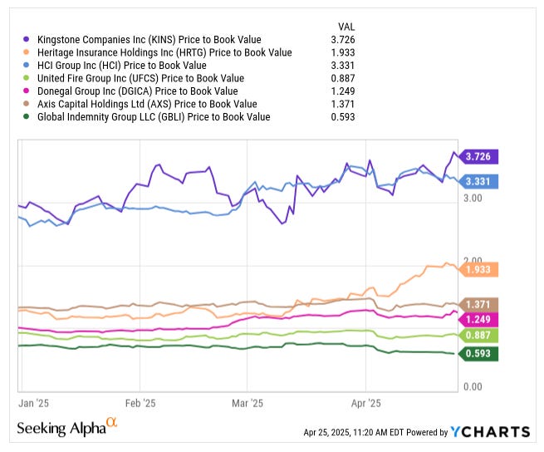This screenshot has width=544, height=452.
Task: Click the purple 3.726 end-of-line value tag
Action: pyautogui.click(x=481, y=156)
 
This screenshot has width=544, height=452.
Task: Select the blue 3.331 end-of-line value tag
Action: pyautogui.click(x=481, y=181)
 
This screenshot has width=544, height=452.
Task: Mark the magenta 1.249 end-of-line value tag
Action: pyautogui.click(x=481, y=320)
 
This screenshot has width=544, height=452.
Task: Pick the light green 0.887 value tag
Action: pyautogui.click(x=481, y=336)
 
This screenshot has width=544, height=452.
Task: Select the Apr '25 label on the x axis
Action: pyautogui.click(x=366, y=403)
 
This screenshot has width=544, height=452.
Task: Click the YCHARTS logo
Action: pyautogui.click(x=490, y=432)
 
